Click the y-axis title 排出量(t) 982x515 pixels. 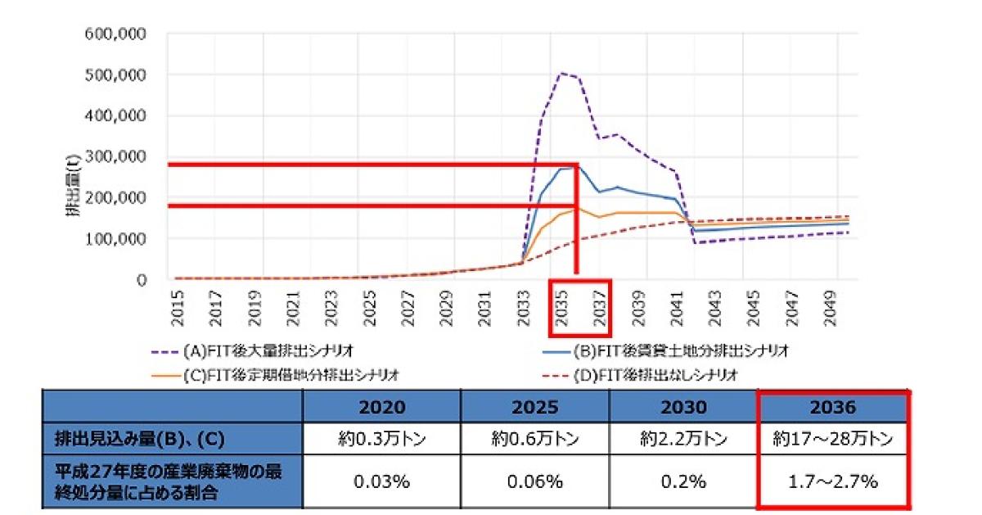tap(73, 190)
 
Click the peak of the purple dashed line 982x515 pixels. tap(562, 73)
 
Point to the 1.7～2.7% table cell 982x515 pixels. tap(833, 481)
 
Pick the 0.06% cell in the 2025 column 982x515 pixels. tap(535, 481)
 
